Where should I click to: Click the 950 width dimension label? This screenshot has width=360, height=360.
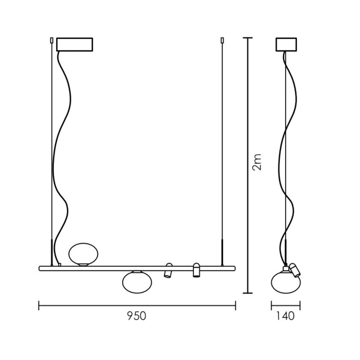[x=137, y=316]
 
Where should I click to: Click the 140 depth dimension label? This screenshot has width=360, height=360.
[x=285, y=316]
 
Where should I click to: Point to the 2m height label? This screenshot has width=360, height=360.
[x=257, y=162]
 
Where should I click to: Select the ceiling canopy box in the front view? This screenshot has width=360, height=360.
[x=75, y=45]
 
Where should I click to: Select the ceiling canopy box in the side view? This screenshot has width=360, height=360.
[x=286, y=45]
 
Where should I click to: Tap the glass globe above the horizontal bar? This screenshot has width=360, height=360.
[x=83, y=255]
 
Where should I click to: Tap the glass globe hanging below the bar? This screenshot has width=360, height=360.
[x=137, y=282]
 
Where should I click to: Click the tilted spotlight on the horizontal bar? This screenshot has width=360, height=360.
[x=168, y=270]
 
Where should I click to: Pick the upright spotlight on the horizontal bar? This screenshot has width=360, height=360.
[x=196, y=270]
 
